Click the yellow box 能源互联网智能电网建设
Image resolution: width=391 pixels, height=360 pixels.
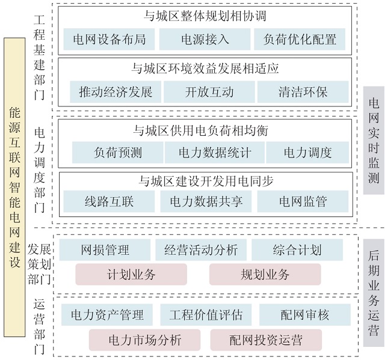click(14, 188)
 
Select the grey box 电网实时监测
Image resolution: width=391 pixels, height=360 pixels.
click(374, 140)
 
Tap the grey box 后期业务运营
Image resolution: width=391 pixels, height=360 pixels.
click(374, 293)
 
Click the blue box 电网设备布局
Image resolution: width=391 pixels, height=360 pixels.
click(109, 39)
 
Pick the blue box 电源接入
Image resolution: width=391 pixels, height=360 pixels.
click(205, 39)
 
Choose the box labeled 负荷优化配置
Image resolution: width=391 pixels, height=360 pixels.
click(300, 39)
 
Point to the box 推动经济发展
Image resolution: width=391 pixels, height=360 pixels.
click(115, 92)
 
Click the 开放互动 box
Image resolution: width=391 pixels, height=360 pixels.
click(209, 92)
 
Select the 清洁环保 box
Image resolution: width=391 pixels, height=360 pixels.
click(303, 92)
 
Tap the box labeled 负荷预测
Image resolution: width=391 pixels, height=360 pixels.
click(118, 153)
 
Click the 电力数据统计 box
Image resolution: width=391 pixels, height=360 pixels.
click(215, 153)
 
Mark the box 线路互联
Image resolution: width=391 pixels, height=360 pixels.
click(109, 201)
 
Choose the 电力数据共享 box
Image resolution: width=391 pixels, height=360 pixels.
click(206, 201)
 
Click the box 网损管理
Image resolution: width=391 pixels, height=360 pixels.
click(105, 250)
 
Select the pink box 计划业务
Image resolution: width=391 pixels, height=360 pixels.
click(131, 274)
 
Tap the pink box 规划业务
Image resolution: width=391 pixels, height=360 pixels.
click(265, 274)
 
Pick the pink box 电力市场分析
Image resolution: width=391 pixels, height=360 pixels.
click(144, 340)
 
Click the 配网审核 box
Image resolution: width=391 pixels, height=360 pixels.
click(305, 315)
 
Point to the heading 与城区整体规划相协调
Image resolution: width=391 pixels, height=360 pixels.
click(205, 16)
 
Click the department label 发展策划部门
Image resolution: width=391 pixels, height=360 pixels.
click(39, 264)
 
